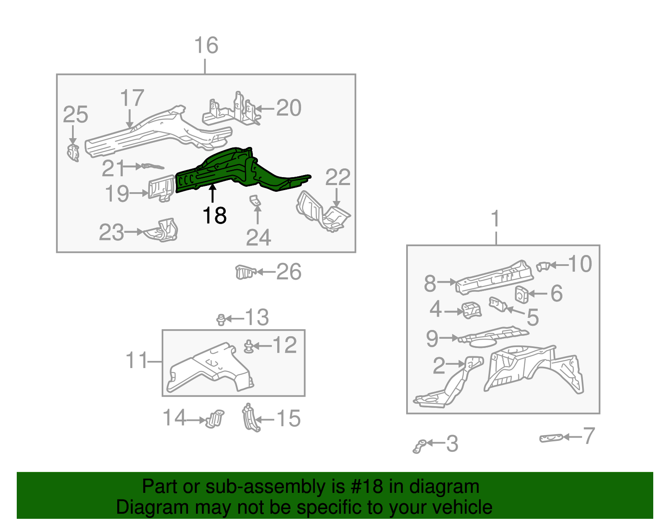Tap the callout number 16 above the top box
click(206, 45)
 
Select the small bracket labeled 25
click(73, 153)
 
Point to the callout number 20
click(289, 108)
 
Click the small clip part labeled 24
click(255, 200)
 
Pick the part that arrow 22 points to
click(322, 211)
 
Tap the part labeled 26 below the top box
click(245, 272)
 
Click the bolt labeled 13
click(221, 319)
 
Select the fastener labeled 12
click(248, 346)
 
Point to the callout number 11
click(137, 360)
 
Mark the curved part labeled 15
click(251, 417)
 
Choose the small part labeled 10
click(543, 266)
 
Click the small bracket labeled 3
click(419, 446)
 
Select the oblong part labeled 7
click(551, 438)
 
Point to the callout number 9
click(432, 338)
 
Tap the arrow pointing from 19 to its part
click(139, 193)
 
